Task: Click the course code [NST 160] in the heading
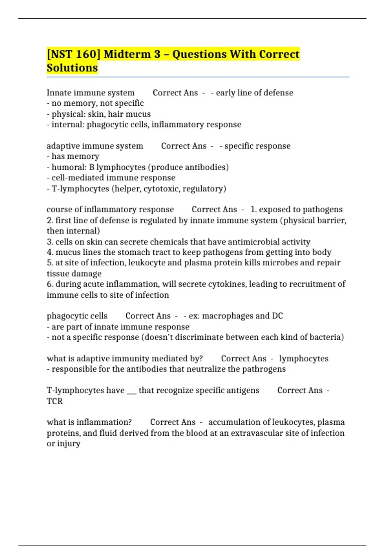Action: coord(73,54)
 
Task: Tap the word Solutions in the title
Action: coord(72,68)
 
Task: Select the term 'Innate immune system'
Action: coord(90,93)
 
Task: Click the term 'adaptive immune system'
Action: coord(95,146)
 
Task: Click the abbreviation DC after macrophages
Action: coord(278,316)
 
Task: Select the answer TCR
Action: coord(55,401)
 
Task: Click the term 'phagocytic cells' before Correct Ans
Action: coord(77,316)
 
